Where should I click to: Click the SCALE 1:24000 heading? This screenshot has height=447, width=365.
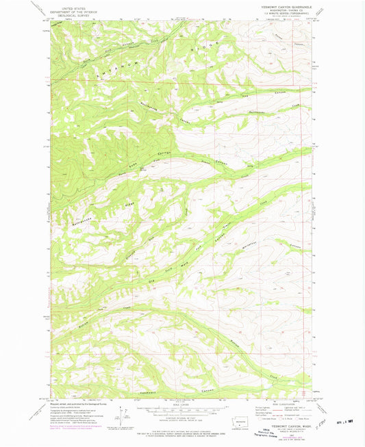[181, 405]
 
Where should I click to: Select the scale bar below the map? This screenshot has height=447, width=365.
[181, 413]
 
